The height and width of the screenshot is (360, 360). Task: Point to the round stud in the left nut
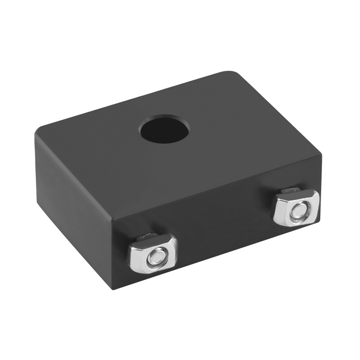[156, 256]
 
